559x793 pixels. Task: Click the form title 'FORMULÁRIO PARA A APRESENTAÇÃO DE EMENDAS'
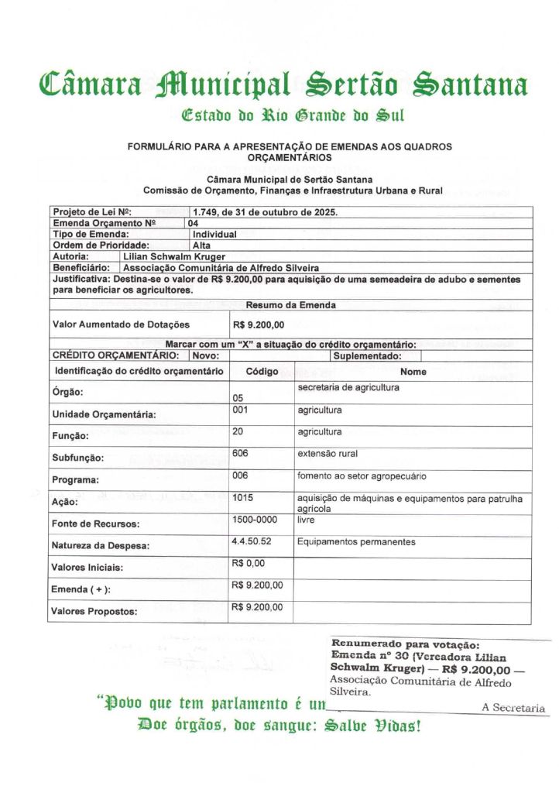(x=290, y=146)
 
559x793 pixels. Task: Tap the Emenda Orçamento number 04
(x=193, y=223)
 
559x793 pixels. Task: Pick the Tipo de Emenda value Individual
(x=214, y=233)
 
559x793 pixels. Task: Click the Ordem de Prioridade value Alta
(x=201, y=244)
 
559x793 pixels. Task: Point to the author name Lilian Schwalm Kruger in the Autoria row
(x=174, y=255)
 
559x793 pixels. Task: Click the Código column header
(x=262, y=372)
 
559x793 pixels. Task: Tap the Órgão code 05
(x=238, y=398)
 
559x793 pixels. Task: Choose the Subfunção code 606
(x=240, y=453)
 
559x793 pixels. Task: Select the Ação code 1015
(x=242, y=497)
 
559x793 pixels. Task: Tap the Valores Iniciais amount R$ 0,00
(x=249, y=563)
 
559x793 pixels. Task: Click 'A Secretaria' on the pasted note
(x=513, y=708)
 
